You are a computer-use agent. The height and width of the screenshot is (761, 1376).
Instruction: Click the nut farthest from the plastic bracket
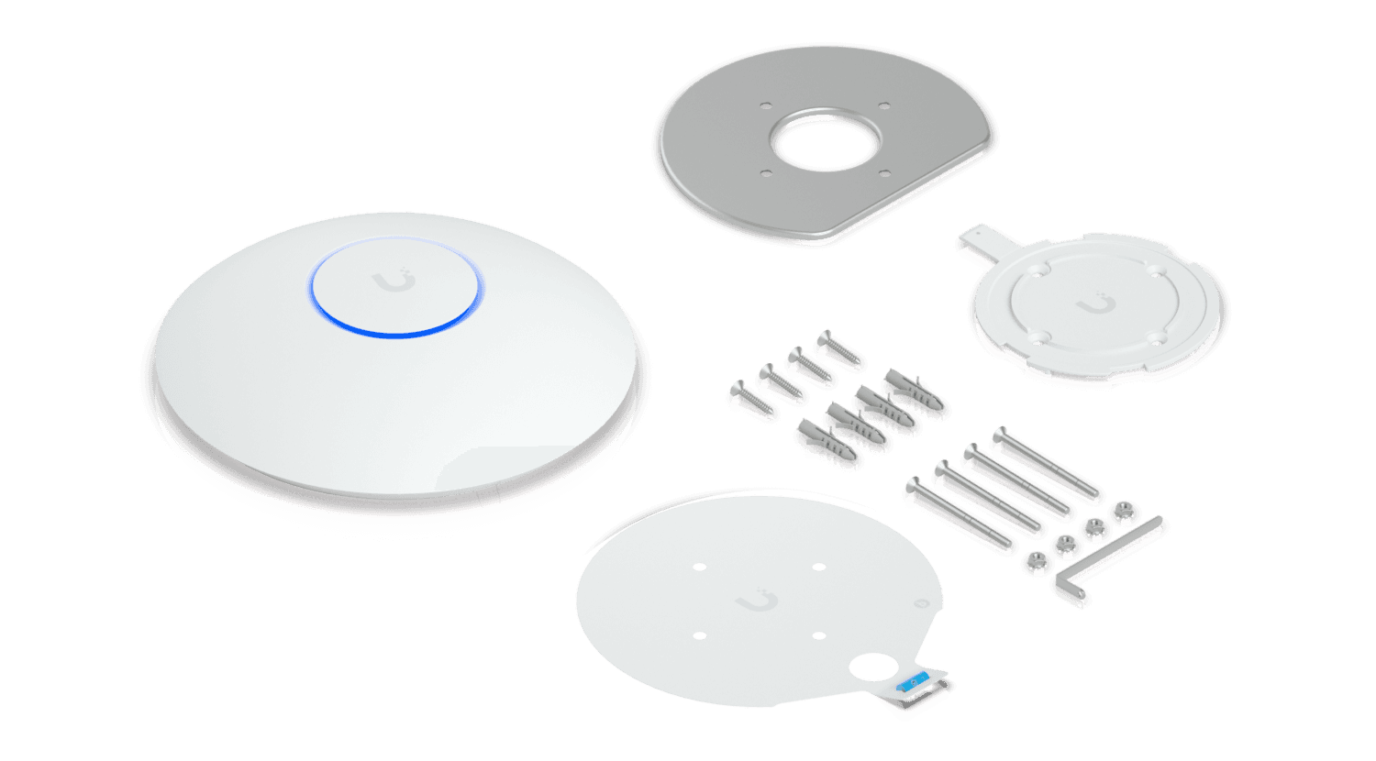pos(1036,561)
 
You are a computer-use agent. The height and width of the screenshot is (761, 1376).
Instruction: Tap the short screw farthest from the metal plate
pos(747,399)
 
